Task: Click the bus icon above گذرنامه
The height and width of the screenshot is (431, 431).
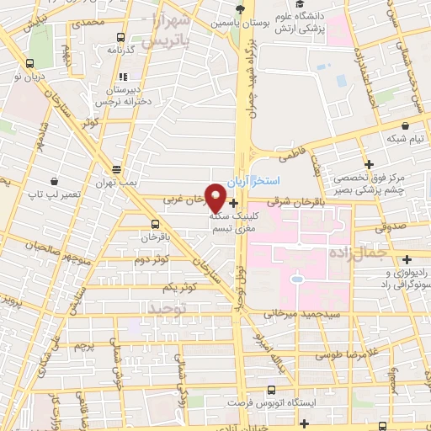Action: (120, 37)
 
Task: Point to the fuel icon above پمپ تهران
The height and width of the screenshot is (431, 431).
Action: (116, 168)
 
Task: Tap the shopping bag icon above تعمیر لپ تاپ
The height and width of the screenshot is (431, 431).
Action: (54, 180)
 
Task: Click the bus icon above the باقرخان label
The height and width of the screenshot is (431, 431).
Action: (154, 224)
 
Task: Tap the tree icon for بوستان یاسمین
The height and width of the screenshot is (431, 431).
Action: (241, 9)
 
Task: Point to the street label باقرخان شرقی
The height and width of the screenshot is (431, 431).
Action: (289, 202)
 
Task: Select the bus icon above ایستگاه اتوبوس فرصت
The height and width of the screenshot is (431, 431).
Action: (270, 389)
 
